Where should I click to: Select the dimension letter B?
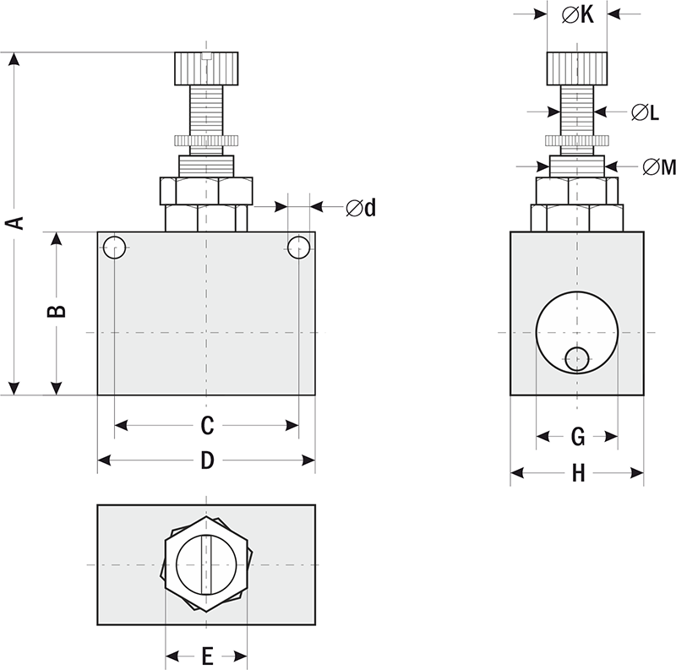coord(56,311)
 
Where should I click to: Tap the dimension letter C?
coord(207,425)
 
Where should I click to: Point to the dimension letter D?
coord(207,461)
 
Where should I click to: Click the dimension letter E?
coord(207,655)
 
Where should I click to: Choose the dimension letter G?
coord(578,437)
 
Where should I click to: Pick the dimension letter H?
coord(578,473)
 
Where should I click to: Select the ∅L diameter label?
coord(645,112)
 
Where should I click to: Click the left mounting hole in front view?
coord(115,248)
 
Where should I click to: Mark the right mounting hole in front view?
coord(298,248)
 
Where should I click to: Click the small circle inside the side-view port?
coord(577,358)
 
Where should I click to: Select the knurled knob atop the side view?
coord(577,68)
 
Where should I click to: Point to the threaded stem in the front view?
coord(207,110)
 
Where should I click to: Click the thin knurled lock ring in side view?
coord(577,139)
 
